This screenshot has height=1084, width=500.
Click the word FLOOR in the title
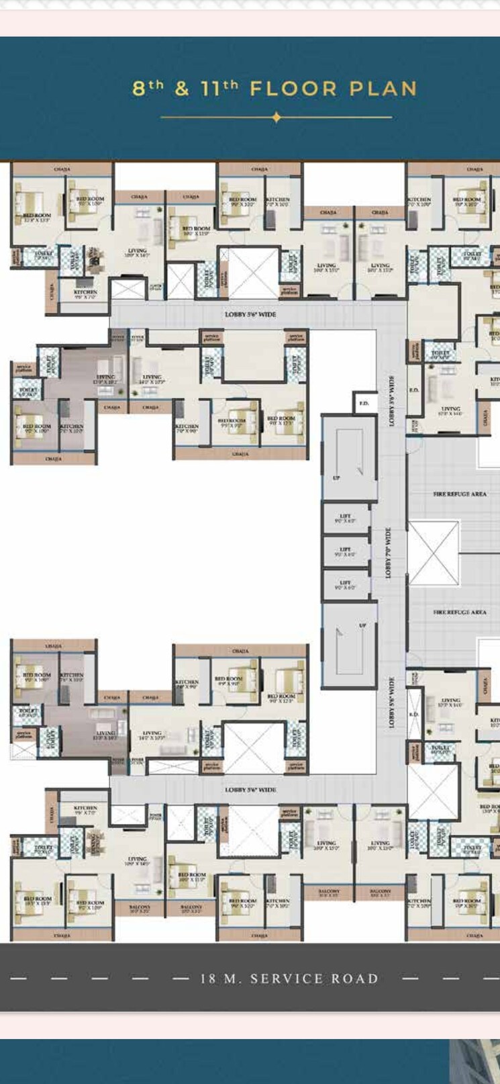tap(293, 89)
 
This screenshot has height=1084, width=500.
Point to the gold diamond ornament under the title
tap(277, 118)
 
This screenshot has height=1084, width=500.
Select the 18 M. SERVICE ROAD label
tap(289, 979)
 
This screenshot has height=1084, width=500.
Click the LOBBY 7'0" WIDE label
tap(388, 552)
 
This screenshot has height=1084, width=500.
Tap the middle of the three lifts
tap(346, 551)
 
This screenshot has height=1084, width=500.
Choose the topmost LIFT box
tap(346, 518)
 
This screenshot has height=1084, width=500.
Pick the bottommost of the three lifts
tap(346, 585)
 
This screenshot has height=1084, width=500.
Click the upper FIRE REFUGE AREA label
tap(460, 494)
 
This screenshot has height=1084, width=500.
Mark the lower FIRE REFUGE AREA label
tap(460, 613)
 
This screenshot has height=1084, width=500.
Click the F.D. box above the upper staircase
tap(364, 404)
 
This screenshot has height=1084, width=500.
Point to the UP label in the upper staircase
tap(336, 478)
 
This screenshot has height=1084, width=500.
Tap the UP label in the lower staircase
tap(362, 625)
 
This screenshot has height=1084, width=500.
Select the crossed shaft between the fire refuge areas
tap(434, 553)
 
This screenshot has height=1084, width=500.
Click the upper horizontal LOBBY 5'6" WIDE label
tap(250, 314)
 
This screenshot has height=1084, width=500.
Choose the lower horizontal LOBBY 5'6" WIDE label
tap(250, 790)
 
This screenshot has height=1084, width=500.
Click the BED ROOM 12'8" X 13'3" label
tap(37, 218)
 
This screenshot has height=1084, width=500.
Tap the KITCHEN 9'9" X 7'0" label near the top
tap(86, 294)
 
